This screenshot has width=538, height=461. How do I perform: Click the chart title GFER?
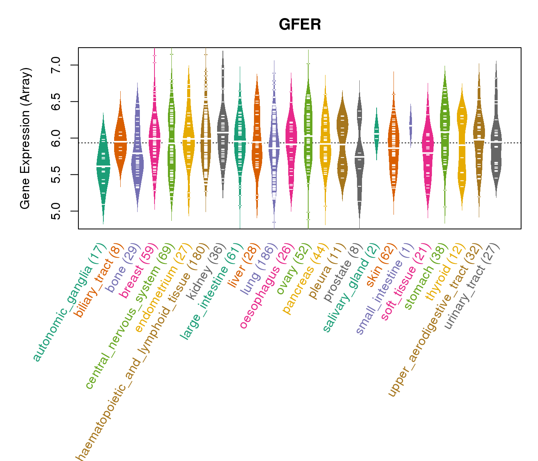click(300, 25)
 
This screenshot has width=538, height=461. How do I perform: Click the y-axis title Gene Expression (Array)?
click(25, 138)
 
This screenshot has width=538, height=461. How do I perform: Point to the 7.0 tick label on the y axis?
click(55, 65)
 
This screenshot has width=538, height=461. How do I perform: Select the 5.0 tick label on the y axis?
click(55, 211)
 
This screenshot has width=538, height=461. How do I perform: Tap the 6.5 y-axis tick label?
click(55, 101)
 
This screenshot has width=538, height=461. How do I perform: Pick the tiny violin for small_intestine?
click(411, 125)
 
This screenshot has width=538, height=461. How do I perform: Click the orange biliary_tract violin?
click(120, 142)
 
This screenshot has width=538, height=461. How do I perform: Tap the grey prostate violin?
click(359, 158)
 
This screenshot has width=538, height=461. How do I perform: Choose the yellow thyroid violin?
click(462, 146)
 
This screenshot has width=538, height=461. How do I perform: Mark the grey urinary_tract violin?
click(496, 142)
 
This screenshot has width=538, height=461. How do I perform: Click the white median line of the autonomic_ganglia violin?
click(103, 166)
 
